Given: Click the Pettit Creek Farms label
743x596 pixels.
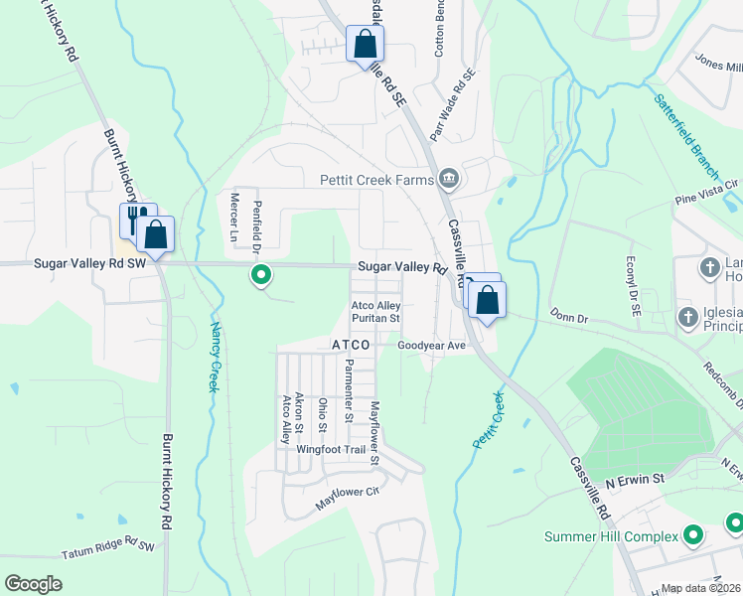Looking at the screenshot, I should click(x=376, y=180).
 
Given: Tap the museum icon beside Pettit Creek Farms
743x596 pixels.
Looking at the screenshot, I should click(x=449, y=179).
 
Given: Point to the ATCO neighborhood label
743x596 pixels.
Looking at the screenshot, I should click(x=350, y=345).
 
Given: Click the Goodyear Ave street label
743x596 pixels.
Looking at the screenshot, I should click(x=431, y=346).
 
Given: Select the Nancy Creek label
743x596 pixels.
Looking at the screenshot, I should click(x=214, y=357).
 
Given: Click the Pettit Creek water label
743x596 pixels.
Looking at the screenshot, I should click(x=490, y=418).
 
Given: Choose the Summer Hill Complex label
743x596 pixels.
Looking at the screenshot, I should click(x=611, y=536).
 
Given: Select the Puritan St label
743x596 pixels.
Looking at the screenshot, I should click(x=374, y=319).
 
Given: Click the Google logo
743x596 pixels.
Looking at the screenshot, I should click(x=34, y=583).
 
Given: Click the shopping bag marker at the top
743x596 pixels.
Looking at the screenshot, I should click(x=365, y=45).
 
